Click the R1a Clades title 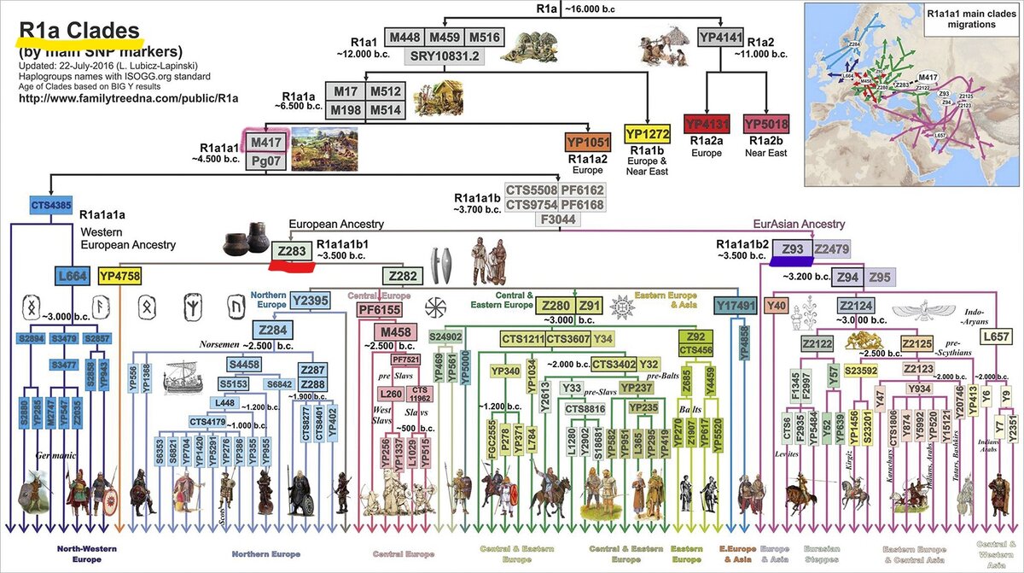[80, 32]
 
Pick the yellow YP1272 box [648, 133]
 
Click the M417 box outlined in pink [265, 140]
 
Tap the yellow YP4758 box [119, 276]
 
